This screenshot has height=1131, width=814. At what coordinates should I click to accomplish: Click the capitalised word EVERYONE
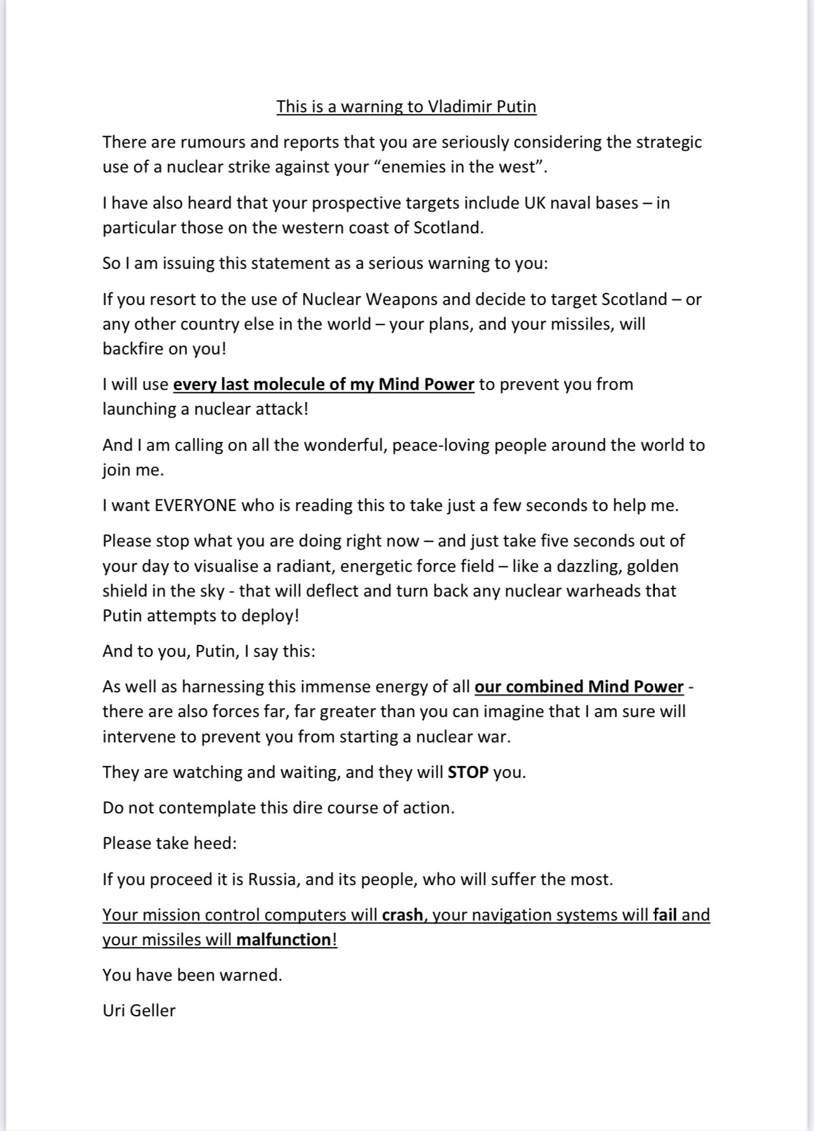click(x=195, y=506)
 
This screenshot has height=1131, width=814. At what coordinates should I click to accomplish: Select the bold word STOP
click(x=468, y=773)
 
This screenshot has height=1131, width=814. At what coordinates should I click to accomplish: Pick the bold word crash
click(x=402, y=915)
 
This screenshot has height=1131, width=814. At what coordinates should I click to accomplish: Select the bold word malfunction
click(x=283, y=940)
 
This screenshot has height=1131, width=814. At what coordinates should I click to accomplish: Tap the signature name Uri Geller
click(x=139, y=1011)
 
